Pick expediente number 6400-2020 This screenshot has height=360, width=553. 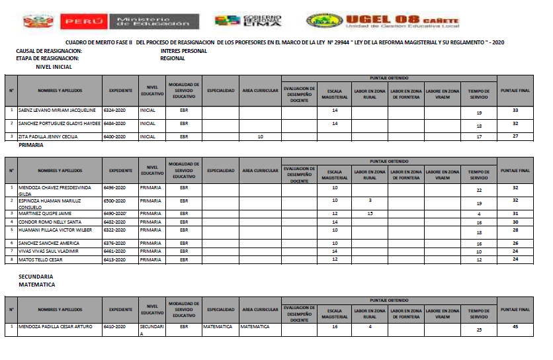(119, 136)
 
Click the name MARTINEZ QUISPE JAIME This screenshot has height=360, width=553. (46, 213)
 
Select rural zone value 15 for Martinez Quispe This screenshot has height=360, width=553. (370, 213)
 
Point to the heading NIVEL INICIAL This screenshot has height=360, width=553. (54, 67)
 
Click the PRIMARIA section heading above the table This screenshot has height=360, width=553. (31, 144)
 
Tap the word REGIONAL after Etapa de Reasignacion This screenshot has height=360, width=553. (172, 58)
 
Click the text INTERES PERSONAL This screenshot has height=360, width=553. (183, 51)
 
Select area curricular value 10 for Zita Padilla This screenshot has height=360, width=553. (260, 136)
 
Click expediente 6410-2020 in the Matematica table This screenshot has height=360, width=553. (119, 326)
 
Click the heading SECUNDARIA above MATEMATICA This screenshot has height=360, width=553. (36, 276)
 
